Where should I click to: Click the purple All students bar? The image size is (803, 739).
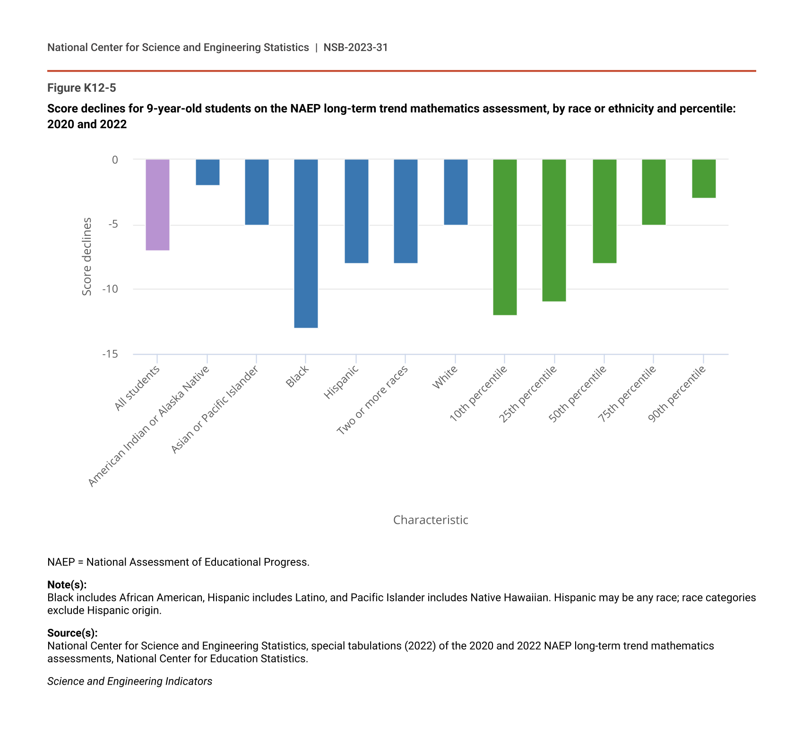pyautogui.click(x=157, y=205)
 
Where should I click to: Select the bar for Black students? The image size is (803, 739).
pyautogui.click(x=306, y=243)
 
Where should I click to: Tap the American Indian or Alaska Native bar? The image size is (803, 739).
pyautogui.click(x=207, y=172)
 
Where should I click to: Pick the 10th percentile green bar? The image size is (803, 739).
pyautogui.click(x=505, y=237)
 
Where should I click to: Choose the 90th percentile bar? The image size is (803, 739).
pyautogui.click(x=704, y=178)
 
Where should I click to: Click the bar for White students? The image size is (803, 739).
pyautogui.click(x=456, y=192)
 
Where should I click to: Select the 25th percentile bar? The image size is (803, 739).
pyautogui.click(x=554, y=230)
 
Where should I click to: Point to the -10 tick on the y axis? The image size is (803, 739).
pyautogui.click(x=111, y=289)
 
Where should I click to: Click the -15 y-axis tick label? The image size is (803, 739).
pyautogui.click(x=110, y=354)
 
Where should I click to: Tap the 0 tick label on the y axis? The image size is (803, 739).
pyautogui.click(x=115, y=160)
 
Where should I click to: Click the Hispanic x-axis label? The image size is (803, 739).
pyautogui.click(x=341, y=383)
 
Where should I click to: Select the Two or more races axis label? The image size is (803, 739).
pyautogui.click(x=372, y=400)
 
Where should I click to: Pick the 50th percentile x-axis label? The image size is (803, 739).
pyautogui.click(x=578, y=394)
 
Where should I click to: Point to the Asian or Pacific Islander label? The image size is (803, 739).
pyautogui.click(x=215, y=409)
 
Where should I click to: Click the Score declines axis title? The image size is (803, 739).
pyautogui.click(x=87, y=257)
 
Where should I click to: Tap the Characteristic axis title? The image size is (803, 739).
pyautogui.click(x=431, y=520)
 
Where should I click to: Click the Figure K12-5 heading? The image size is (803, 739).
pyautogui.click(x=81, y=88)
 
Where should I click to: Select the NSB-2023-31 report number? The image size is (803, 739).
pyautogui.click(x=355, y=47)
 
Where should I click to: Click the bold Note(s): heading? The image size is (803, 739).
pyautogui.click(x=67, y=584)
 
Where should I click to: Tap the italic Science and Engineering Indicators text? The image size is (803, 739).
pyautogui.click(x=130, y=681)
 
